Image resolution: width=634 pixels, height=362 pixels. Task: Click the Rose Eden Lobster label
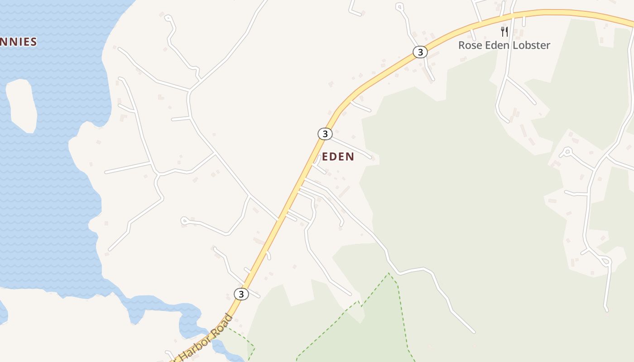tap(504, 45)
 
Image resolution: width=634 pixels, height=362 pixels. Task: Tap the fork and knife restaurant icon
tap(504, 32)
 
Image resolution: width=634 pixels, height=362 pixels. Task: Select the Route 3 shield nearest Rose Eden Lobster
tap(420, 52)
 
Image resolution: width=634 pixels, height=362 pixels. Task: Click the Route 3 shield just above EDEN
tap(325, 134)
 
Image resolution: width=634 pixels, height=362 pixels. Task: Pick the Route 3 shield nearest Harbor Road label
tap(241, 294)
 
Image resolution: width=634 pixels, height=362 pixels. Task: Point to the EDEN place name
tap(338, 157)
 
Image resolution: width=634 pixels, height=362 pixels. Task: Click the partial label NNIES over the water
tap(18, 42)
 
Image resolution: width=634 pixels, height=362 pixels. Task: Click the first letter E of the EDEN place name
tap(326, 157)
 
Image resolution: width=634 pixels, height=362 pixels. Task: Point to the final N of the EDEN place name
tap(350, 157)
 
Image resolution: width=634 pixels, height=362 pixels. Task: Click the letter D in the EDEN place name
tap(334, 157)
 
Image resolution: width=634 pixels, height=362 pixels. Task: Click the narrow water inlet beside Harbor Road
tap(190, 321)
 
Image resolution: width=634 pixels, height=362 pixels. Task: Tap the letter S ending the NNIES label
tap(33, 42)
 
